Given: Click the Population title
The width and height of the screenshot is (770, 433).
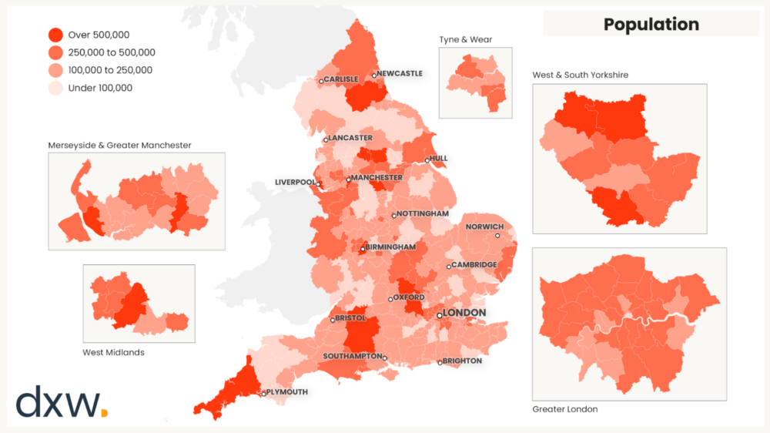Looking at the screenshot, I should pyautogui.click(x=651, y=24).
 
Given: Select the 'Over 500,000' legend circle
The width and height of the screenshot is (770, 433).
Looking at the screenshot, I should pyautogui.click(x=55, y=35).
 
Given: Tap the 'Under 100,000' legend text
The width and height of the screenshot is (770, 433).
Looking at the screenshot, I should pyautogui.click(x=100, y=88).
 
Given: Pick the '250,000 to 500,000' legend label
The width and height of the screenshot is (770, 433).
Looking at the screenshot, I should pyautogui.click(x=112, y=52).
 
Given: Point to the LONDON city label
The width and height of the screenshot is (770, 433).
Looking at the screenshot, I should pyautogui.click(x=465, y=312).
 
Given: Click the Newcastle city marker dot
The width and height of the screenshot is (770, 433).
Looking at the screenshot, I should pyautogui.click(x=374, y=76).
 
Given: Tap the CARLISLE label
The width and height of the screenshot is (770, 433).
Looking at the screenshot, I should pyautogui.click(x=341, y=79).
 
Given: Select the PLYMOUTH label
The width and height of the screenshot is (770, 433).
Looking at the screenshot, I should pyautogui.click(x=288, y=392).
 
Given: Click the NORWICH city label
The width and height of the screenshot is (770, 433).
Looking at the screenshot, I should pyautogui.click(x=485, y=227).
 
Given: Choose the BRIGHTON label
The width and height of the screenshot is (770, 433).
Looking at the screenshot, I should pyautogui.click(x=462, y=361).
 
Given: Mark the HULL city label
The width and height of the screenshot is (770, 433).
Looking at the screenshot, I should pyautogui.click(x=438, y=158).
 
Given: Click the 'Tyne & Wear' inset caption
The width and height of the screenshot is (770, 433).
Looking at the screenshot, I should pyautogui.click(x=465, y=39).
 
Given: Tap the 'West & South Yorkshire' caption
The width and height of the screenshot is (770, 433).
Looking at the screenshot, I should pyautogui.click(x=580, y=75).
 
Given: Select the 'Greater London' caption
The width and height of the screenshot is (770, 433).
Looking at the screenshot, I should pyautogui.click(x=564, y=409).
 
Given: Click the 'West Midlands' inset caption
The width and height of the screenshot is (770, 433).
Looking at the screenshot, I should pyautogui.click(x=113, y=352).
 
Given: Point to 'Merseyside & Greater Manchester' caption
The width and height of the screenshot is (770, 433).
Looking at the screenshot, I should pyautogui.click(x=119, y=144).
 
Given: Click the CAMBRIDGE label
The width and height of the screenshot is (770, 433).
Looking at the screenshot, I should pyautogui.click(x=474, y=264).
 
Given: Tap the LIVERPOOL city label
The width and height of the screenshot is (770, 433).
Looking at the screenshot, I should pyautogui.click(x=295, y=183).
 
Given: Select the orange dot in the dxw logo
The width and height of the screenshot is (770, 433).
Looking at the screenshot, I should pyautogui.click(x=104, y=413).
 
